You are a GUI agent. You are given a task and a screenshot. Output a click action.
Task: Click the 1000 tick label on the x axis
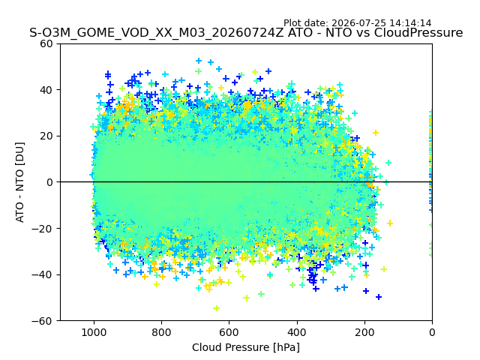[x=94, y=332]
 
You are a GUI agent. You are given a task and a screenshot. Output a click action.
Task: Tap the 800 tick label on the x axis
[x=162, y=332]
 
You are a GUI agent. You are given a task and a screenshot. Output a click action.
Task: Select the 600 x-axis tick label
[x=229, y=332]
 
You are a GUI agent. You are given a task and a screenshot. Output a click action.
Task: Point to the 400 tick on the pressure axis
[x=297, y=332]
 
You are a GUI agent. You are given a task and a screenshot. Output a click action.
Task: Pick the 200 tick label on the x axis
[x=364, y=332]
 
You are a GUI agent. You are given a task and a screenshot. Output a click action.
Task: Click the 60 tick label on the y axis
[x=46, y=43]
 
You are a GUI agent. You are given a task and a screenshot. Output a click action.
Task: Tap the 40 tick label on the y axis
[x=46, y=90]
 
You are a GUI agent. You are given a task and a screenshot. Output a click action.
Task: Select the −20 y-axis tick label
[x=42, y=228]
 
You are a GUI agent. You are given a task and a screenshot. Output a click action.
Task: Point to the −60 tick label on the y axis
[x=42, y=321]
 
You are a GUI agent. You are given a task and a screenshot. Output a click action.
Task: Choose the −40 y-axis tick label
[x=42, y=274]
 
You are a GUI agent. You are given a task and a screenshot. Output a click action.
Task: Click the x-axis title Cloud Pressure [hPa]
[x=246, y=347]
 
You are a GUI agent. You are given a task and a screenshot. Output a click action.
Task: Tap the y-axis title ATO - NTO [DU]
[x=19, y=182]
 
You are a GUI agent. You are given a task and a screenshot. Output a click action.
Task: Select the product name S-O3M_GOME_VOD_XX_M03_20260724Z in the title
[x=157, y=32]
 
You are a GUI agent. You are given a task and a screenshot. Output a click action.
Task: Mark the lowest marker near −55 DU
[x=217, y=308]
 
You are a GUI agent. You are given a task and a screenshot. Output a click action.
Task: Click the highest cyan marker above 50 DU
[x=199, y=61]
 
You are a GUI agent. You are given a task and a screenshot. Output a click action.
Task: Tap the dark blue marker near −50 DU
[x=379, y=297]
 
